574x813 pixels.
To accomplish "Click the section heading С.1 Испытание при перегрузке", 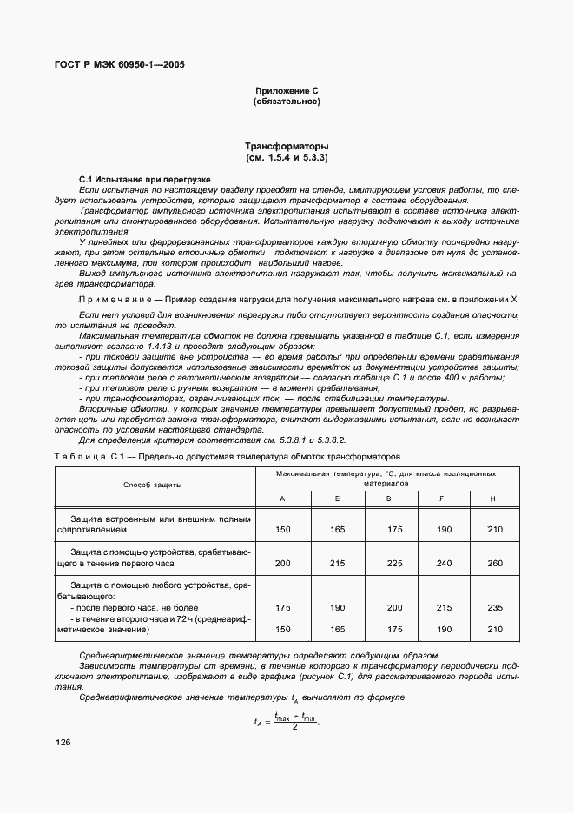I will point(138,178).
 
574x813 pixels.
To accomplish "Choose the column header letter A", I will point(282,498).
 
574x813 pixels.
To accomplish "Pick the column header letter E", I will point(336,498).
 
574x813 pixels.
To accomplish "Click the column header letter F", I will point(443,498).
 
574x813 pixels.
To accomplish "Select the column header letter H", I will point(495,498).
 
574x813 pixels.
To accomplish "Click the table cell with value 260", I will point(495,564).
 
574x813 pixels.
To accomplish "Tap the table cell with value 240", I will point(443,564).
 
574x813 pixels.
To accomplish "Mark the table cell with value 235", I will point(495,608).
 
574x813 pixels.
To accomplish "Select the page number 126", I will point(63,743).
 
